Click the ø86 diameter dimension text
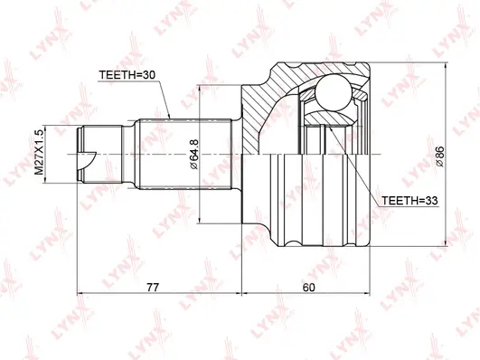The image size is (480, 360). (x=441, y=156)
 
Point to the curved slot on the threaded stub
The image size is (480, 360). (x=89, y=164)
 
